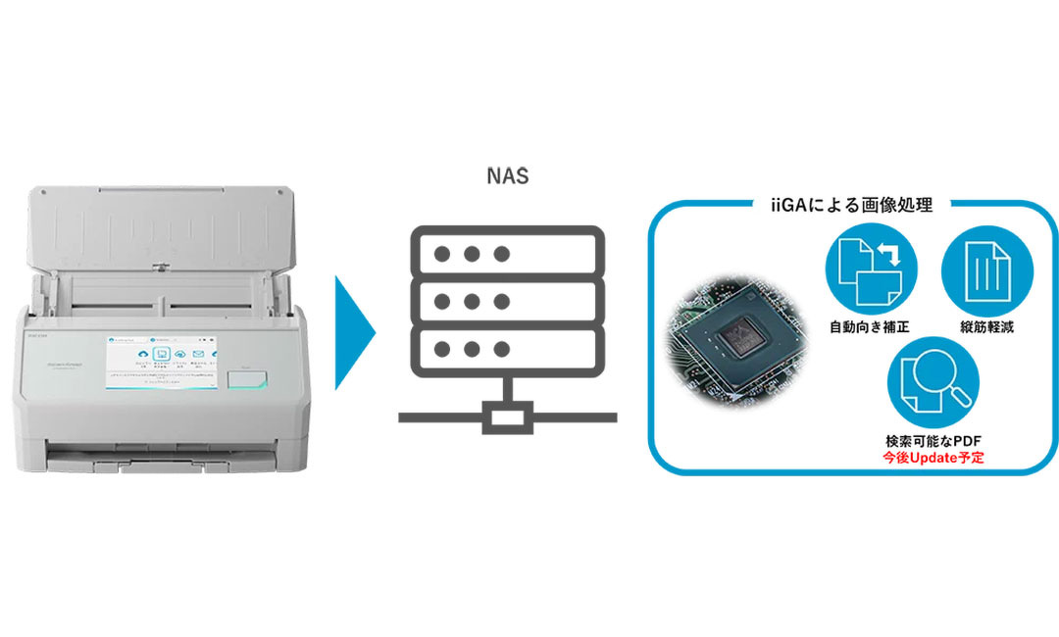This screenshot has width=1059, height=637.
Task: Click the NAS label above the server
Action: pyautogui.click(x=508, y=177)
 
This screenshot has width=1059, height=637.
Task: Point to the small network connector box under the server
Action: pyautogui.click(x=507, y=417)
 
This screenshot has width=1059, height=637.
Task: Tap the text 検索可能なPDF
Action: pyautogui.click(x=933, y=442)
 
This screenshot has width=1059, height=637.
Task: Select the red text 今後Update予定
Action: pyautogui.click(x=933, y=458)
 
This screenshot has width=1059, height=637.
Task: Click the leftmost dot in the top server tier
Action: pyautogui.click(x=442, y=253)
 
